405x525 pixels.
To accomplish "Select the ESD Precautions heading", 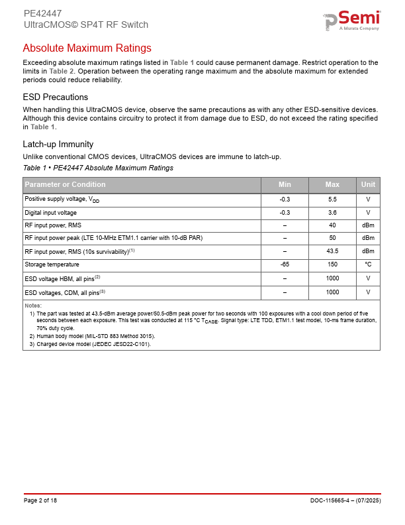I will [55, 97].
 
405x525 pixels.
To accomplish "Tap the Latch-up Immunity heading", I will [58, 145].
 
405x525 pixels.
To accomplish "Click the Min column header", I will [285, 185].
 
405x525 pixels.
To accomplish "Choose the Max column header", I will [332, 185].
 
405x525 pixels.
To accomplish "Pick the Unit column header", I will [368, 185].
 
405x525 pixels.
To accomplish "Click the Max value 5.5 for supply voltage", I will [332, 199].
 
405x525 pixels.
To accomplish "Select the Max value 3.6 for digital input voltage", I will [332, 213].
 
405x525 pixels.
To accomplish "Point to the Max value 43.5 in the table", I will [332, 251].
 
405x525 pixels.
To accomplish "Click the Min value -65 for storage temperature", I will [285, 265].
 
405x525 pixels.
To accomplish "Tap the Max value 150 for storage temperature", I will [332, 265].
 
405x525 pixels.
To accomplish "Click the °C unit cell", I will [368, 265].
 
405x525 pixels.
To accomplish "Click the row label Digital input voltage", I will [50, 213].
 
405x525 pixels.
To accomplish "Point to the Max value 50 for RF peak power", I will [332, 237].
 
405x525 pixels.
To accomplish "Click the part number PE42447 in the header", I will [42, 13].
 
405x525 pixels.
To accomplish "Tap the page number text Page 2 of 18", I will [40, 500].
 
